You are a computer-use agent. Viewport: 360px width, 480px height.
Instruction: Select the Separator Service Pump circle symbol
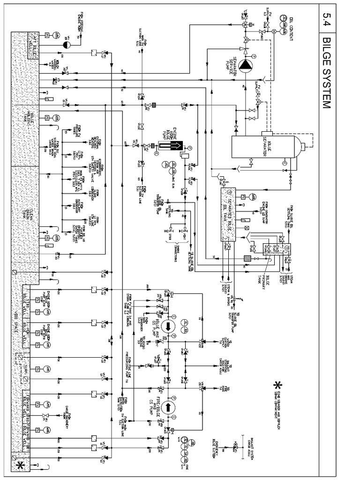tap(245, 66)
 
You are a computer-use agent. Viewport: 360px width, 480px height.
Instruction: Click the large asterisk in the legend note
tap(278, 385)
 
